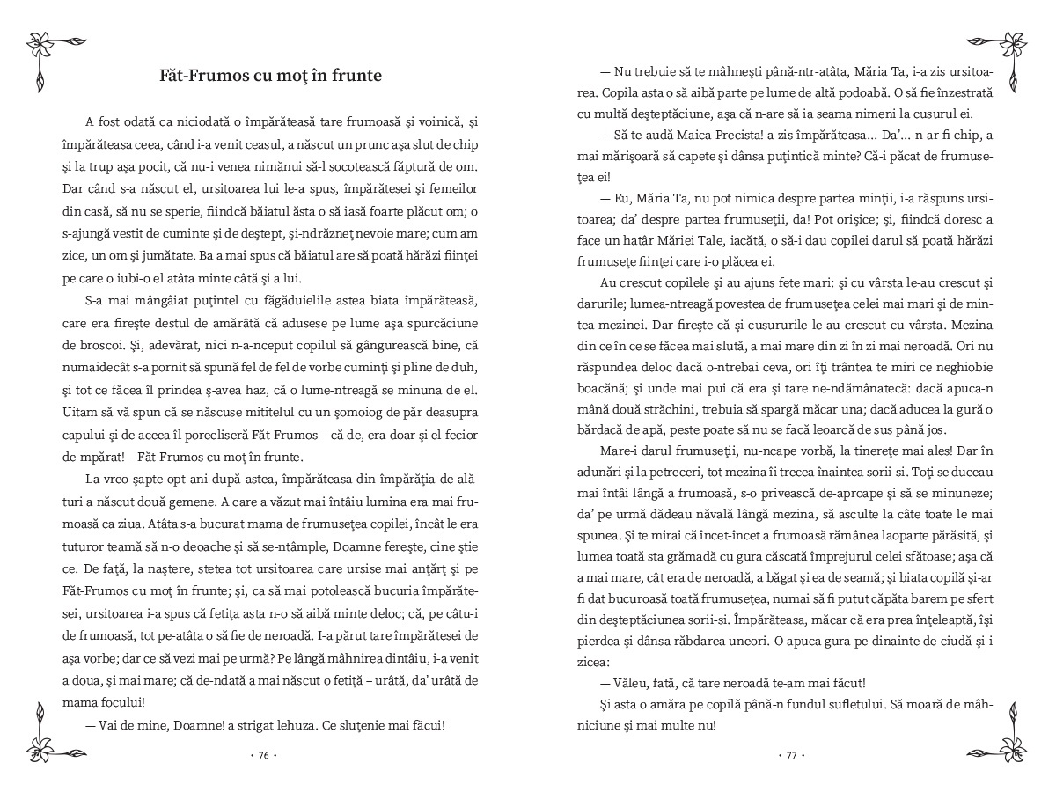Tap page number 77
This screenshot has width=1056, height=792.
[x=791, y=755]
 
